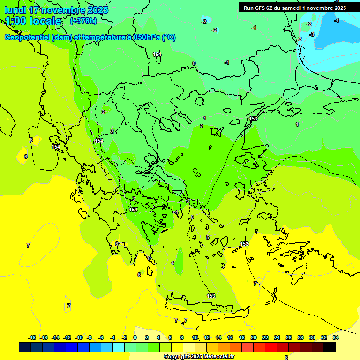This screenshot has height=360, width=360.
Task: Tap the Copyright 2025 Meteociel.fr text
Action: coord(199,356)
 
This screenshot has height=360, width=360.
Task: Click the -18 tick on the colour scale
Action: coord(32,337)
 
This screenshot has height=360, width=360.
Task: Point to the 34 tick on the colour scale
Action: coord(336,337)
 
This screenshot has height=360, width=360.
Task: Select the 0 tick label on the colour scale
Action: coord(135,337)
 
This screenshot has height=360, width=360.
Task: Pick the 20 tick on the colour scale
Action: coord(254,337)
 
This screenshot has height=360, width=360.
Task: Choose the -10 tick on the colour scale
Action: coord(79,337)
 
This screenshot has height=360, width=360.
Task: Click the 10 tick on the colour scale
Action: coord(195,337)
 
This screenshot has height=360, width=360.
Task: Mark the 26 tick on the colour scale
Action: coord(289,337)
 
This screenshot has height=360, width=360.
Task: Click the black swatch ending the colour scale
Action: coord(330,347)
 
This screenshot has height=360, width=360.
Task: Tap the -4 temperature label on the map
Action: coord(336,20)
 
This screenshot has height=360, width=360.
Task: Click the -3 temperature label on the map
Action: coord(312,34)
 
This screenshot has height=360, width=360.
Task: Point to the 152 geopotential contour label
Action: coord(244,244)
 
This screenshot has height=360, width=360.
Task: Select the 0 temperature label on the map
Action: coord(194,63)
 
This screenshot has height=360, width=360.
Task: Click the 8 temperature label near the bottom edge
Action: coord(286,357)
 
